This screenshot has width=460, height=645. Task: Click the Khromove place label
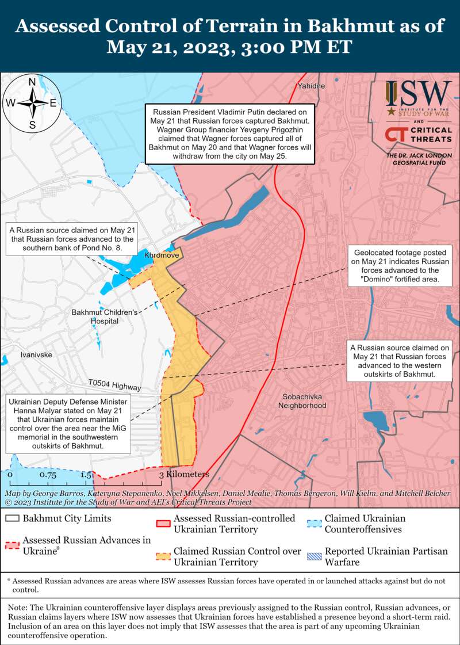(x=163, y=254)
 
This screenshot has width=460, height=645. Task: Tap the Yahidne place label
(x=311, y=86)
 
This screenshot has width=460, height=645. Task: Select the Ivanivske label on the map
(x=36, y=354)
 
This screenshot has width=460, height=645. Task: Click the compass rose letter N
(x=33, y=81)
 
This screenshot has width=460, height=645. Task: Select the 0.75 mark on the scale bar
(x=48, y=475)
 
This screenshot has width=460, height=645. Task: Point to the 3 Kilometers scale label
(x=184, y=475)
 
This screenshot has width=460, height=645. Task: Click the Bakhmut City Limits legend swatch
(x=12, y=518)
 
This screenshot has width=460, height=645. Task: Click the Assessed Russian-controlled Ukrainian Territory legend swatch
(x=163, y=524)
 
